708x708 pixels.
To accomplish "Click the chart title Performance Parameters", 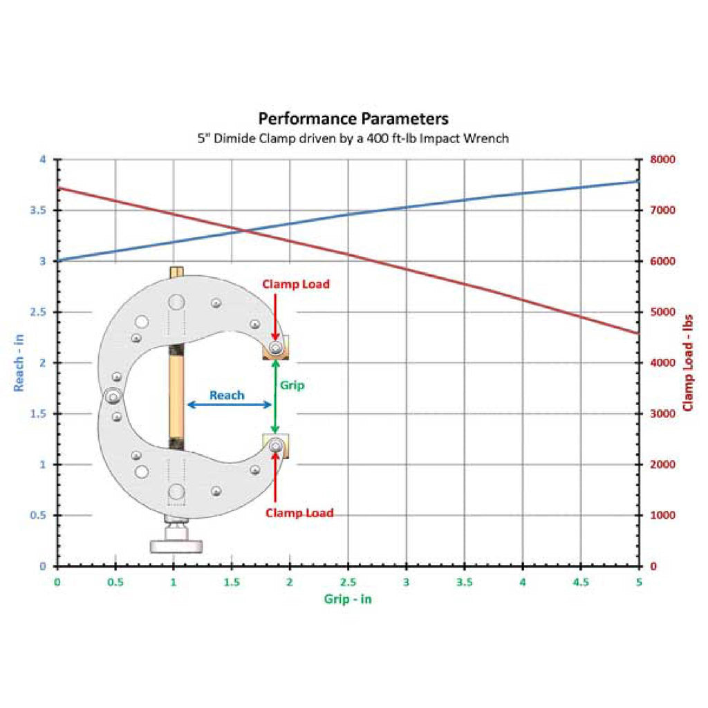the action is tap(353, 119).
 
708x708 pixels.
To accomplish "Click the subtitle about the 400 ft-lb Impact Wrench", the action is tap(353, 138).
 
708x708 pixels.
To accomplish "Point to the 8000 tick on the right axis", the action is tap(662, 160).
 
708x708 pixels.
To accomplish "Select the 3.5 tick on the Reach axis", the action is tap(38, 210).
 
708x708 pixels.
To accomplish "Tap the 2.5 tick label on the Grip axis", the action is tap(348, 582).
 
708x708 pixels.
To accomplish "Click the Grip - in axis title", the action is tap(348, 599).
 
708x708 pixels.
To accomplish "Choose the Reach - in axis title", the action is tap(19, 363).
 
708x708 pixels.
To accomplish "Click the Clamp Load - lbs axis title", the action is tap(688, 363).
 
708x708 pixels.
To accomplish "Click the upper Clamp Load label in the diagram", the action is tap(296, 284).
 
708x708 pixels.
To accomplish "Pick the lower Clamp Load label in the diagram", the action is tap(299, 513).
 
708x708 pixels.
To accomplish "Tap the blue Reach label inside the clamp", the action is tap(227, 395).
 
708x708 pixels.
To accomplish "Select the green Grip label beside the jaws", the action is tap(292, 385).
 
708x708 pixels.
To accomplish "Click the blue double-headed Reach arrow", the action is tap(230, 404).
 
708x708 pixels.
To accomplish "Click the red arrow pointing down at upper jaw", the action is tap(275, 317).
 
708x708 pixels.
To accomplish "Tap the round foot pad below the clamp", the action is tap(176, 546).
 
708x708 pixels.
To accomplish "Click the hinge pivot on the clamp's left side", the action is tap(113, 397).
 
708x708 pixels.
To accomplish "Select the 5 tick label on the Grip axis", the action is tap(639, 582).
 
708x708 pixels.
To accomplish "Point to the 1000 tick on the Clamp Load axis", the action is tap(662, 515).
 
